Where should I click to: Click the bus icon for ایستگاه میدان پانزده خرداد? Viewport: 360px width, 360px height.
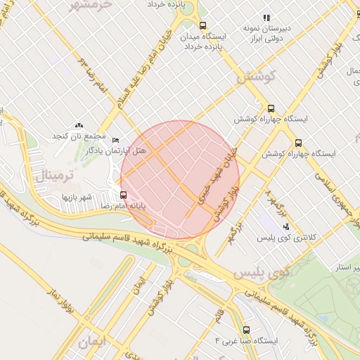203,26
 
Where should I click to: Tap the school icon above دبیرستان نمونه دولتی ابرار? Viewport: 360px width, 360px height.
266,18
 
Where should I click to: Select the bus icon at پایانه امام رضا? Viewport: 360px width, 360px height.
124,195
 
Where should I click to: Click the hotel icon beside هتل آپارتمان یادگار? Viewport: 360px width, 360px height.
116,141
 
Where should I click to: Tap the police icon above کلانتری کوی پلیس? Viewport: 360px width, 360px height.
286,226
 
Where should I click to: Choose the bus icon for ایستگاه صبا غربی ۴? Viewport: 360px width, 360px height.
246,330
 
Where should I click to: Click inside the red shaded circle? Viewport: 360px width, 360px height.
180,180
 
